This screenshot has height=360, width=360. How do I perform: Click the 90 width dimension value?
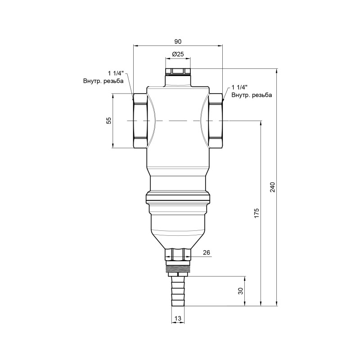pyautogui.click(x=178, y=41)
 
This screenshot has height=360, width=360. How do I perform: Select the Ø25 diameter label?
pyautogui.click(x=178, y=54)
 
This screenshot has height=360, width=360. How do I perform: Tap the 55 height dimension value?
pyautogui.click(x=108, y=121)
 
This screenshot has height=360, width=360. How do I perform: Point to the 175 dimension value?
pyautogui.click(x=256, y=213)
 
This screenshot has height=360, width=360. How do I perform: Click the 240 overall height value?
pyautogui.click(x=272, y=187)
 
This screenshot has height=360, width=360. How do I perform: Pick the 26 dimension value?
pyautogui.click(x=207, y=253)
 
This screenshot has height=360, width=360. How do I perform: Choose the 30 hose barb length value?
pyautogui.click(x=241, y=291)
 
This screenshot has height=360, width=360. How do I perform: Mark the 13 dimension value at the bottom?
pyautogui.click(x=178, y=319)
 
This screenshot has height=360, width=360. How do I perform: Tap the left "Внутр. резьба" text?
pyautogui.click(x=103, y=81)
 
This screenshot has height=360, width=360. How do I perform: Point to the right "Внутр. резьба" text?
pyautogui.click(x=252, y=95)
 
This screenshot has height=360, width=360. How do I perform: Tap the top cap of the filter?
pyautogui.click(x=178, y=72)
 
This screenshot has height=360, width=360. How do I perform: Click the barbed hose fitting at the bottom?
pyautogui.click(x=178, y=292)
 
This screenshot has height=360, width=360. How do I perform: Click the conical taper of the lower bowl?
pyautogui.click(x=178, y=238)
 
